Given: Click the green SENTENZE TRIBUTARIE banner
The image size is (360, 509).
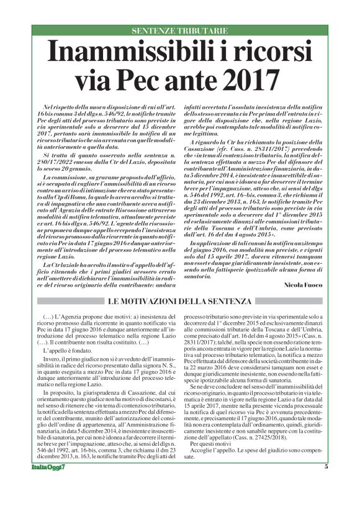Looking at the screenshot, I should click(x=179, y=30).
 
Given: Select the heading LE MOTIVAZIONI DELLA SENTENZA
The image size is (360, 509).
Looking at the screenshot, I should click(x=179, y=301).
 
